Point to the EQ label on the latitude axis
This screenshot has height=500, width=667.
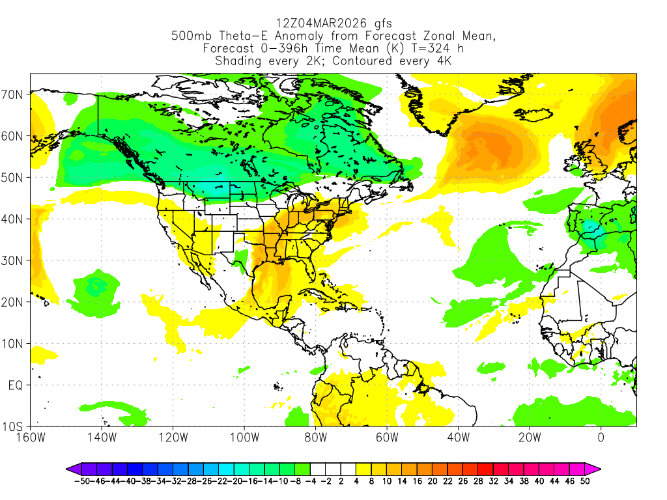(16, 385)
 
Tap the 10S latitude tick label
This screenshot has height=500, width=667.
(14, 427)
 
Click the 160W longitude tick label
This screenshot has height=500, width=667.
(31, 437)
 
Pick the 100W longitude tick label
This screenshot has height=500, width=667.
(244, 437)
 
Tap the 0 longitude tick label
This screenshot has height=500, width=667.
(601, 437)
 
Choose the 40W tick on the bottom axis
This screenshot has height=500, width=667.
(458, 437)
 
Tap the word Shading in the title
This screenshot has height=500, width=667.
(238, 61)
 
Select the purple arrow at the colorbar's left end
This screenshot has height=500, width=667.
(72, 468)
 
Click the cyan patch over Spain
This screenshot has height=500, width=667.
(592, 229)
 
